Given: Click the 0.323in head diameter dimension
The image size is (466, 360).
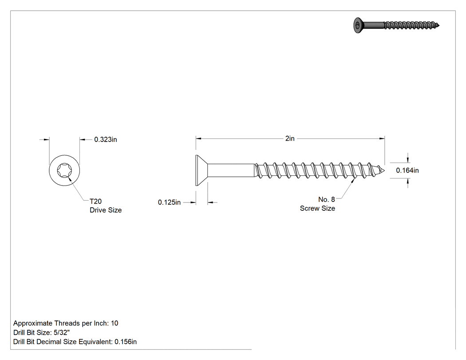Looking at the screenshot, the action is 106,139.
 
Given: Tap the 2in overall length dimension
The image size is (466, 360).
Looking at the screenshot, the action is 290,138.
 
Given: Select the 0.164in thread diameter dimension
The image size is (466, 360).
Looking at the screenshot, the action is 407,170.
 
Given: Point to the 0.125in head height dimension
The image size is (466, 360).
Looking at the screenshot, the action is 169,202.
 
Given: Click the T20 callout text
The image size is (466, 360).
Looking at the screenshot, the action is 96,201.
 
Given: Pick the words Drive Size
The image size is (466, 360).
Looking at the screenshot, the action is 106,210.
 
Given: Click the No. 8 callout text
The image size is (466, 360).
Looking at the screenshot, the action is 327,199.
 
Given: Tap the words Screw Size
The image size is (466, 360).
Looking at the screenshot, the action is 317,208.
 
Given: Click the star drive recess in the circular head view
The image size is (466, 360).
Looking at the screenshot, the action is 64,170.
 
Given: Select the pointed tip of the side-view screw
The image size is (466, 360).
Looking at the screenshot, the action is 385,170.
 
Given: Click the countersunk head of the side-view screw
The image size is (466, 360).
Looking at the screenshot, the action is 201,170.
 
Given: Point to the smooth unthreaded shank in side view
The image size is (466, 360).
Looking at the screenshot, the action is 231,170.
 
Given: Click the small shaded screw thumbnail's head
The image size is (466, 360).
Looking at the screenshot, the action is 359,25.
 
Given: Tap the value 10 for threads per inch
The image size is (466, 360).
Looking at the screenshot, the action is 115,323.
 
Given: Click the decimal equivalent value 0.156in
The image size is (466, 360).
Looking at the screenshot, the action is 126,342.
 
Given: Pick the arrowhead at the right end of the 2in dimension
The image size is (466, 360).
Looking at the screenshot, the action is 382,138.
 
